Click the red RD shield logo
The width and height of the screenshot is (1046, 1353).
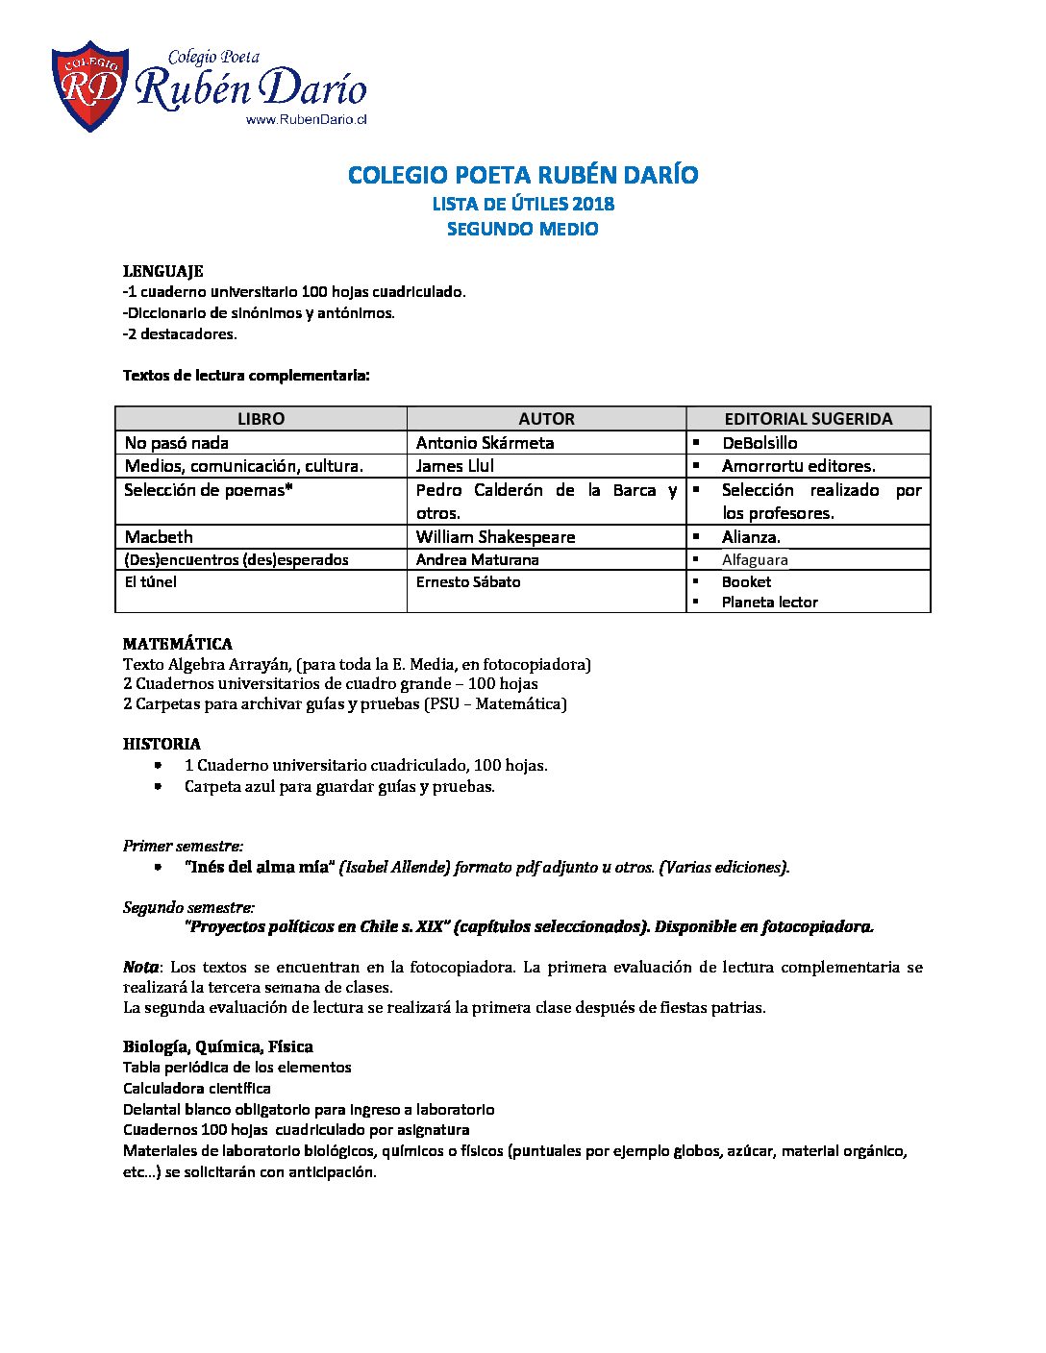[89, 86]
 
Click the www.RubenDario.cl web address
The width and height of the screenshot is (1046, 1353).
[307, 120]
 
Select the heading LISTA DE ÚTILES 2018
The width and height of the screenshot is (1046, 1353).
[523, 204]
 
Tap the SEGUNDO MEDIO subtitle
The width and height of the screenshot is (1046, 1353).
[523, 229]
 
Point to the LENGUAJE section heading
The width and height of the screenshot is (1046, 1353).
[162, 271]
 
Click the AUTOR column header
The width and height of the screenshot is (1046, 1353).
[546, 419]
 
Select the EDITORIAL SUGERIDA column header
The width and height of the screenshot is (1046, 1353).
[808, 419]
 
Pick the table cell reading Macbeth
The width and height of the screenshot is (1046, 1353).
[159, 537]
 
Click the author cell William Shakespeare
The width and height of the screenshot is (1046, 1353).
[495, 537]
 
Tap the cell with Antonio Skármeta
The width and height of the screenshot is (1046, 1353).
[485, 443]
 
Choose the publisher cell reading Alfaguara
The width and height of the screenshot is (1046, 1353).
[755, 560]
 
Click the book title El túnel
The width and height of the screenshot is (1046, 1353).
[151, 582]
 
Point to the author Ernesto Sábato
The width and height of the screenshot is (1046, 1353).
[468, 582]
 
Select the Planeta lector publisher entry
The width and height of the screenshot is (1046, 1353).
[769, 603]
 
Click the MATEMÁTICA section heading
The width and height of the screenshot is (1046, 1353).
[178, 644]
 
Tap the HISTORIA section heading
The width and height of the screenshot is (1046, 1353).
[162, 744]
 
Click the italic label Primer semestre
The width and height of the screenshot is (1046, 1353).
[183, 847]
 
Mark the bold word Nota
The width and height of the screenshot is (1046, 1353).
[140, 967]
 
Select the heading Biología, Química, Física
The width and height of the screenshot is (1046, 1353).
[217, 1046]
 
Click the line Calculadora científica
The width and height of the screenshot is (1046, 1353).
[197, 1089]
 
